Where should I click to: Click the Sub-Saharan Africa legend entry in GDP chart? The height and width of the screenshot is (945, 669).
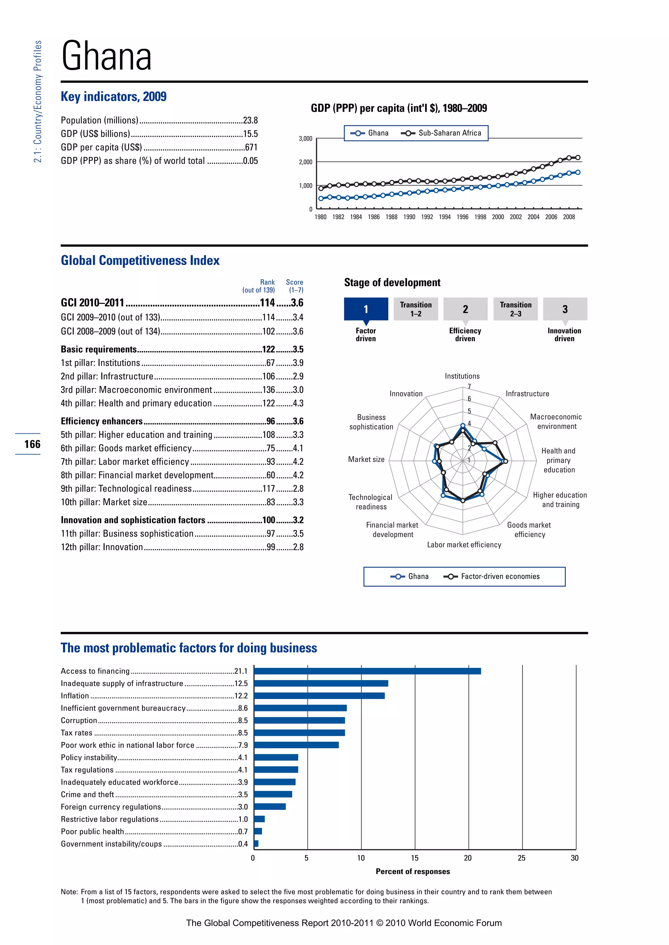(x=449, y=133)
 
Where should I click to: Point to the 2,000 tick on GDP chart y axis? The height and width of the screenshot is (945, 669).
(x=305, y=162)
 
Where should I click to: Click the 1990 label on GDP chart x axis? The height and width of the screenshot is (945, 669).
(x=409, y=217)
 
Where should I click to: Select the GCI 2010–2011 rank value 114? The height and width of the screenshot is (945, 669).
(x=267, y=303)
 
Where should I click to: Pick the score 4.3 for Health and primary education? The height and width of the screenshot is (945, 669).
(x=298, y=403)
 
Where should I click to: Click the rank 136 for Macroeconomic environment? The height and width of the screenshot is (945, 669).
(x=269, y=390)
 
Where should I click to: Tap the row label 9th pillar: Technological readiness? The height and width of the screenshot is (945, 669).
(x=126, y=488)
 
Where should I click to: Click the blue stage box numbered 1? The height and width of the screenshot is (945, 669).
(x=366, y=309)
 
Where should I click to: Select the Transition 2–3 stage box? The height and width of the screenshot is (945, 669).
(x=515, y=309)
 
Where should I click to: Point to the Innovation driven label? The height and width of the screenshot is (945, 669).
(x=564, y=334)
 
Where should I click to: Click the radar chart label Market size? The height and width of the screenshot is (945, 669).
(x=366, y=459)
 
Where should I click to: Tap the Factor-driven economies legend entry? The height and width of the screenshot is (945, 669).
(x=500, y=576)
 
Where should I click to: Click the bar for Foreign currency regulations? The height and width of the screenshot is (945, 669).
(x=270, y=806)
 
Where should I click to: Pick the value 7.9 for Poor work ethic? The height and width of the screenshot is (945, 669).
(x=243, y=745)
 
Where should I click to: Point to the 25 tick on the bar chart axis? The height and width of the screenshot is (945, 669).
(x=522, y=858)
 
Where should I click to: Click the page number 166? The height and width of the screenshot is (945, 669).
(x=32, y=444)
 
